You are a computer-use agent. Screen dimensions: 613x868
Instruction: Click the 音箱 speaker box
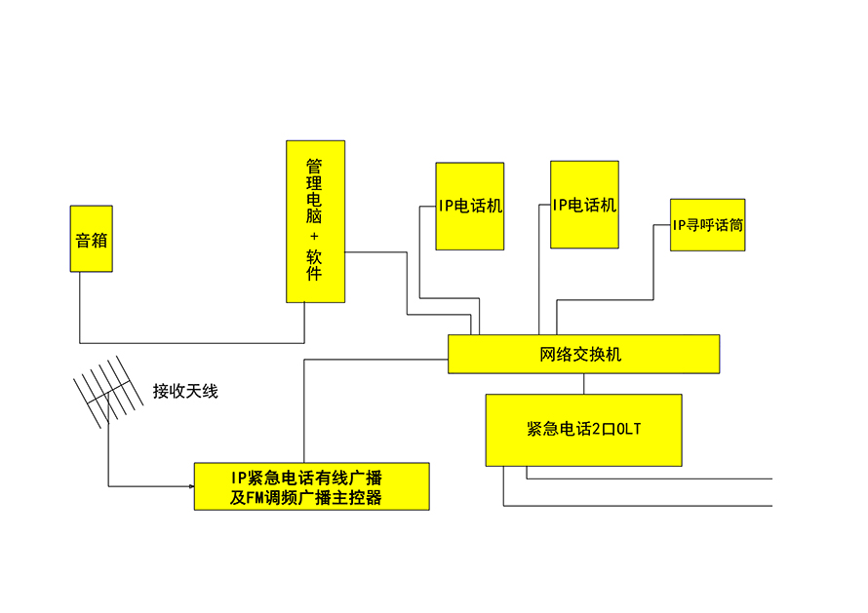click(91, 239)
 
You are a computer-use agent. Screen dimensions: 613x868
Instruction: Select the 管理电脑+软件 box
click(314, 221)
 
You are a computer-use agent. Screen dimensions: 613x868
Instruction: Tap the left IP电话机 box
click(469, 206)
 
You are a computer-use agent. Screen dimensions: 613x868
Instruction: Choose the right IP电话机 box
click(584, 205)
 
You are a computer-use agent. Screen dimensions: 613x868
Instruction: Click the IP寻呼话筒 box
click(707, 225)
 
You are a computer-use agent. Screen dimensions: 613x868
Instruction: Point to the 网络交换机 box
click(583, 354)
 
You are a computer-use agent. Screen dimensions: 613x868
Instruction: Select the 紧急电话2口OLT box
click(583, 430)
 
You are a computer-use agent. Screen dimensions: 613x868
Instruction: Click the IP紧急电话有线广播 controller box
click(311, 486)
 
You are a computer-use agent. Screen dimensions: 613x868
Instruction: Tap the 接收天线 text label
click(185, 392)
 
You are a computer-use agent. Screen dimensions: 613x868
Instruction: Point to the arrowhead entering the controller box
click(189, 485)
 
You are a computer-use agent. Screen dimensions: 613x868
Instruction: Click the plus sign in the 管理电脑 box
click(314, 237)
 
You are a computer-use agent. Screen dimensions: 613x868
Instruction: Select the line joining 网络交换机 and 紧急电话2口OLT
click(584, 384)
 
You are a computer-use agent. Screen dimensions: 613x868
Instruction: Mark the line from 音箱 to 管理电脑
click(195, 343)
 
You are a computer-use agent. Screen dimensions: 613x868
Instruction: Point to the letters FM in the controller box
click(254, 498)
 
